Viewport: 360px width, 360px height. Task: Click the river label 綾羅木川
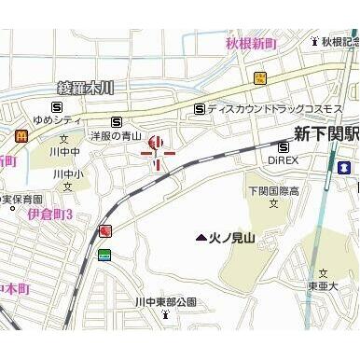click(x=85, y=89)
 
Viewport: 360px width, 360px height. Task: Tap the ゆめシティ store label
click(x=58, y=121)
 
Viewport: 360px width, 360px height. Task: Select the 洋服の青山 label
click(x=116, y=136)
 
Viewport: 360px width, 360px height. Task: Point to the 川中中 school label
click(x=65, y=150)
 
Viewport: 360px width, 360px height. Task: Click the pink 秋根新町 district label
click(x=251, y=43)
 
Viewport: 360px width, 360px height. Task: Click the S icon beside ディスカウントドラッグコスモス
click(x=199, y=108)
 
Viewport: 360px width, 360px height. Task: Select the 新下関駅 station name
click(x=325, y=132)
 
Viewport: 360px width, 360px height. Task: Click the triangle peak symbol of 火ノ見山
click(x=201, y=238)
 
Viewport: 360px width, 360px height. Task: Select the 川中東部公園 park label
click(x=165, y=302)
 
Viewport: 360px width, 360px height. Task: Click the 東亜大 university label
click(x=323, y=285)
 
